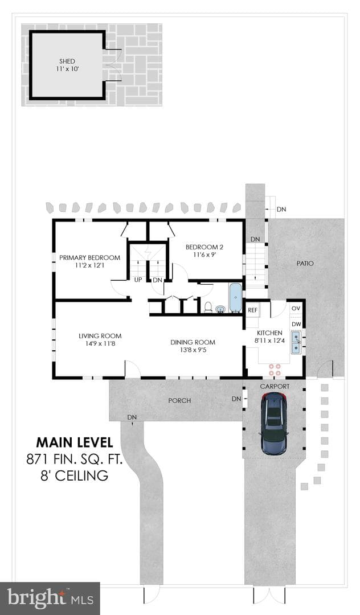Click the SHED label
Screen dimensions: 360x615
pyautogui.click(x=67, y=61)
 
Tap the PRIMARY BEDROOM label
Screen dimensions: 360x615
pyautogui.click(x=89, y=258)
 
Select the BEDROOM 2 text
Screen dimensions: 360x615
pyautogui.click(x=204, y=247)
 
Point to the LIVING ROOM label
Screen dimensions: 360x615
pyautogui.click(x=100, y=336)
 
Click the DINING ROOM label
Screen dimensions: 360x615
pyautogui.click(x=193, y=342)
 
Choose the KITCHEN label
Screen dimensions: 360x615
pyautogui.click(x=269, y=333)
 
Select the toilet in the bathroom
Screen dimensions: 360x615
pyautogui.click(x=208, y=307)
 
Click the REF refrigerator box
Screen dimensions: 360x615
pyautogui.click(x=253, y=310)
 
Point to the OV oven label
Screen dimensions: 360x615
pyautogui.click(x=296, y=308)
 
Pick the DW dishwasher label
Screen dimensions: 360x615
pyautogui.click(x=296, y=325)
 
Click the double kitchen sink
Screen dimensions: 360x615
pyautogui.click(x=296, y=342)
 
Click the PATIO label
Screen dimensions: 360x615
pyautogui.click(x=305, y=263)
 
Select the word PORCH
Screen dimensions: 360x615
pyautogui.click(x=179, y=400)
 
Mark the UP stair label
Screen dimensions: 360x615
pyautogui.click(x=138, y=280)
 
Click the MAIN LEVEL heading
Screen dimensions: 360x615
pyautogui.click(x=75, y=442)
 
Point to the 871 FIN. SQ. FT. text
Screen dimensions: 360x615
pyautogui.click(x=75, y=459)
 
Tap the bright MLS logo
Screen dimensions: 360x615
pyautogui.click(x=50, y=598)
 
